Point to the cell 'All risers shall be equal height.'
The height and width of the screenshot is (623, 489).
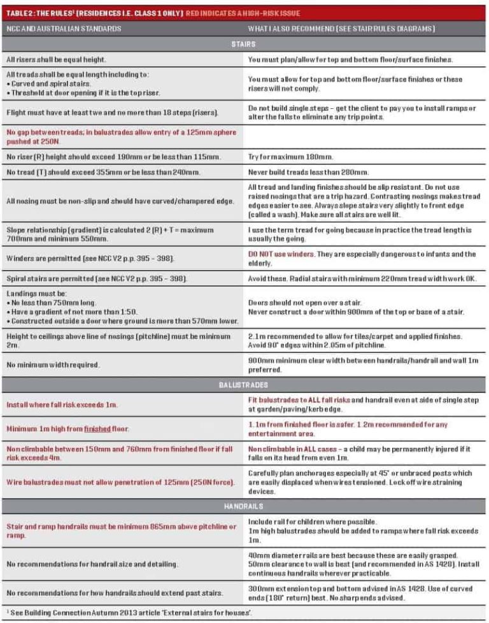tap(56, 59)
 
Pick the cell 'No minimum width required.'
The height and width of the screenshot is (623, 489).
tap(53, 366)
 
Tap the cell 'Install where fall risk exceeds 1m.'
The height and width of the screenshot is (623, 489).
tap(62, 405)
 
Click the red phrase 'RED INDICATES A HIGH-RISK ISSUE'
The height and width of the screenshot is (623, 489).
tap(243, 13)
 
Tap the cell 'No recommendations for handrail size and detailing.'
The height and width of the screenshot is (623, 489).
tap(92, 564)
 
